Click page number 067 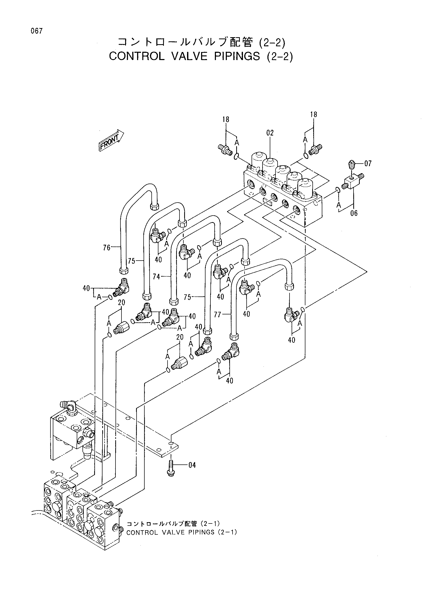(37, 31)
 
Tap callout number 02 (270, 133)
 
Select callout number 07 (368, 163)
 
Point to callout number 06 (354, 213)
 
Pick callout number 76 (107, 248)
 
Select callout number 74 (157, 277)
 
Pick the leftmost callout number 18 (226, 120)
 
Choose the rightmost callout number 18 (314, 114)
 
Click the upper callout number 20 (121, 302)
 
